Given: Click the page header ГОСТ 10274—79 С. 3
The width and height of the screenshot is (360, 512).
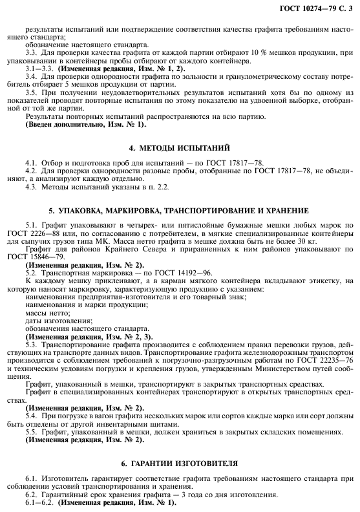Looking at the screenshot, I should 317,7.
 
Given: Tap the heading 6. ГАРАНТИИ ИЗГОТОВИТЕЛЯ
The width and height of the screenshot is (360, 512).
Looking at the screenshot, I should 180,464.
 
